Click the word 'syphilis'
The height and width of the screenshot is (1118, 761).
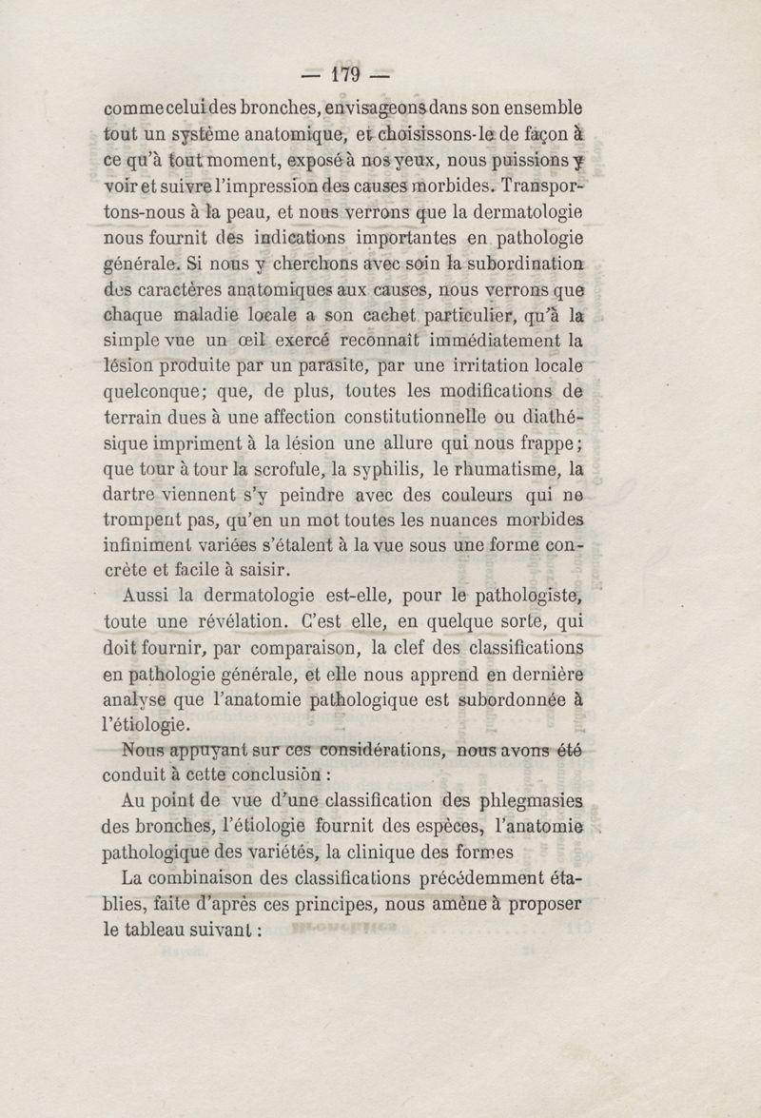[x=380, y=468]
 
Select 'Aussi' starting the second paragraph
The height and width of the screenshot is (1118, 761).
[x=146, y=597]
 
